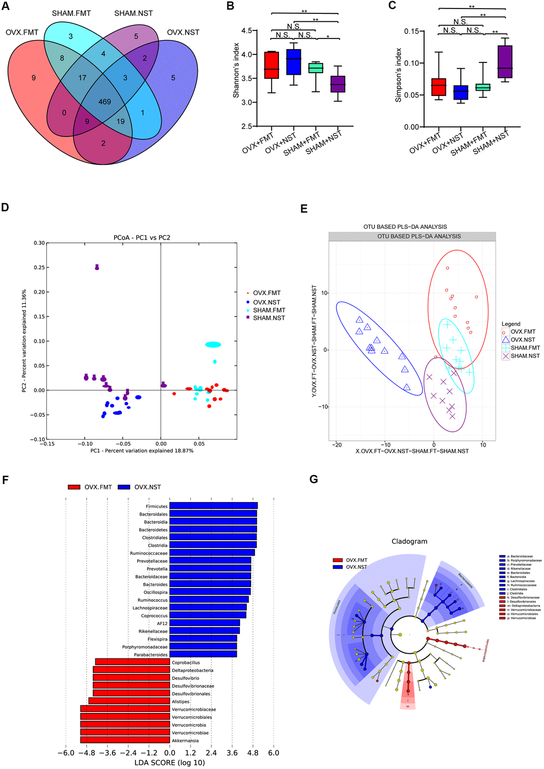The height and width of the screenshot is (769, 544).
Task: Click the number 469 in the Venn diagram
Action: click(105, 101)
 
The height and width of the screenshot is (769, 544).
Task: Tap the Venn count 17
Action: click(82, 77)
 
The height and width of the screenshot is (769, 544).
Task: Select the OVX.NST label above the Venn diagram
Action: click(183, 33)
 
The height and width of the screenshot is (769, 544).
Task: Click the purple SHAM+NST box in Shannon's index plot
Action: click(338, 84)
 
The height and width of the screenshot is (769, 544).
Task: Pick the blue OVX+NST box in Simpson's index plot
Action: click(460, 92)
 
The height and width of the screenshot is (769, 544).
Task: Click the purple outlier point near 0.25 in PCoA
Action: click(97, 267)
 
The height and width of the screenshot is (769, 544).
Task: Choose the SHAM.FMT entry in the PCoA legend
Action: click(269, 310)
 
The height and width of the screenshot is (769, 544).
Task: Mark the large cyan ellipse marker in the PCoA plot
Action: click(213, 345)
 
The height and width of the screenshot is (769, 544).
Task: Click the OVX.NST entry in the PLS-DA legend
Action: click(523, 339)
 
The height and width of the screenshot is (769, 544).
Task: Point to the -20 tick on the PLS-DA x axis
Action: click(336, 445)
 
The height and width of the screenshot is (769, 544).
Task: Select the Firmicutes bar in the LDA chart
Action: click(213, 506)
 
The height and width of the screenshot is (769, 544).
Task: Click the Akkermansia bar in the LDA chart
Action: click(125, 740)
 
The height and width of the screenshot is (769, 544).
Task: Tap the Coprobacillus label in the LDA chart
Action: click(186, 662)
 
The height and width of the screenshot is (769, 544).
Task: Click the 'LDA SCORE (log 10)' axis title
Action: click(170, 763)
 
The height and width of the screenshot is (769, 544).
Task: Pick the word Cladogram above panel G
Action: click(409, 541)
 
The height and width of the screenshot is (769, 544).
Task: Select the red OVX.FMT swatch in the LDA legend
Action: click(74, 487)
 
